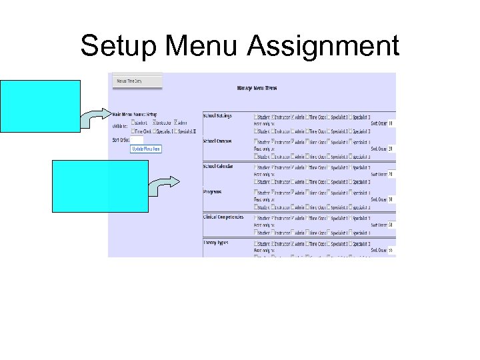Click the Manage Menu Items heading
(257, 88)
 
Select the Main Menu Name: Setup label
(135, 114)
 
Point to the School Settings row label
(218, 115)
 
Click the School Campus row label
(217, 141)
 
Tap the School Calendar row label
(218, 166)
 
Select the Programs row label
(213, 191)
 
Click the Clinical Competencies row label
(223, 217)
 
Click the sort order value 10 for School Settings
(391, 123)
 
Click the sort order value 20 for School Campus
(391, 149)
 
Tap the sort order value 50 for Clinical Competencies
(391, 225)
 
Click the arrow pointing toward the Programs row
(164, 185)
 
